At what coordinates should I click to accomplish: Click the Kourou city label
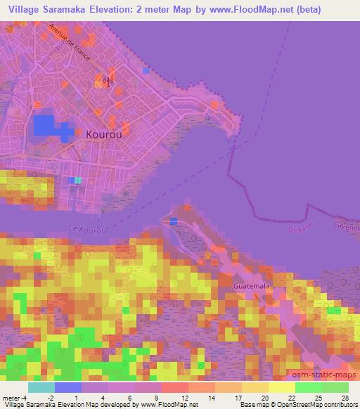click(x=103, y=134)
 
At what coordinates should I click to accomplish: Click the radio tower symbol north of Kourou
click(x=107, y=80)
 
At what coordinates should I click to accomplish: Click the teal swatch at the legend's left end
click(x=41, y=387)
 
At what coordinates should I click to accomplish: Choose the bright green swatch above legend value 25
click(x=308, y=387)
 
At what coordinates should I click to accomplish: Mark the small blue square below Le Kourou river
click(x=174, y=221)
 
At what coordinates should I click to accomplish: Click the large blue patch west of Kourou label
click(x=46, y=126)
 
